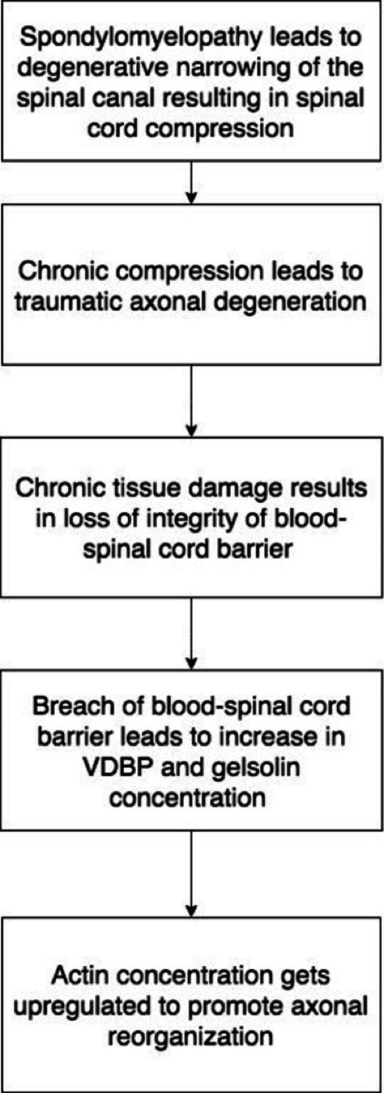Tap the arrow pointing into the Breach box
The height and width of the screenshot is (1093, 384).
coord(191,634)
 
